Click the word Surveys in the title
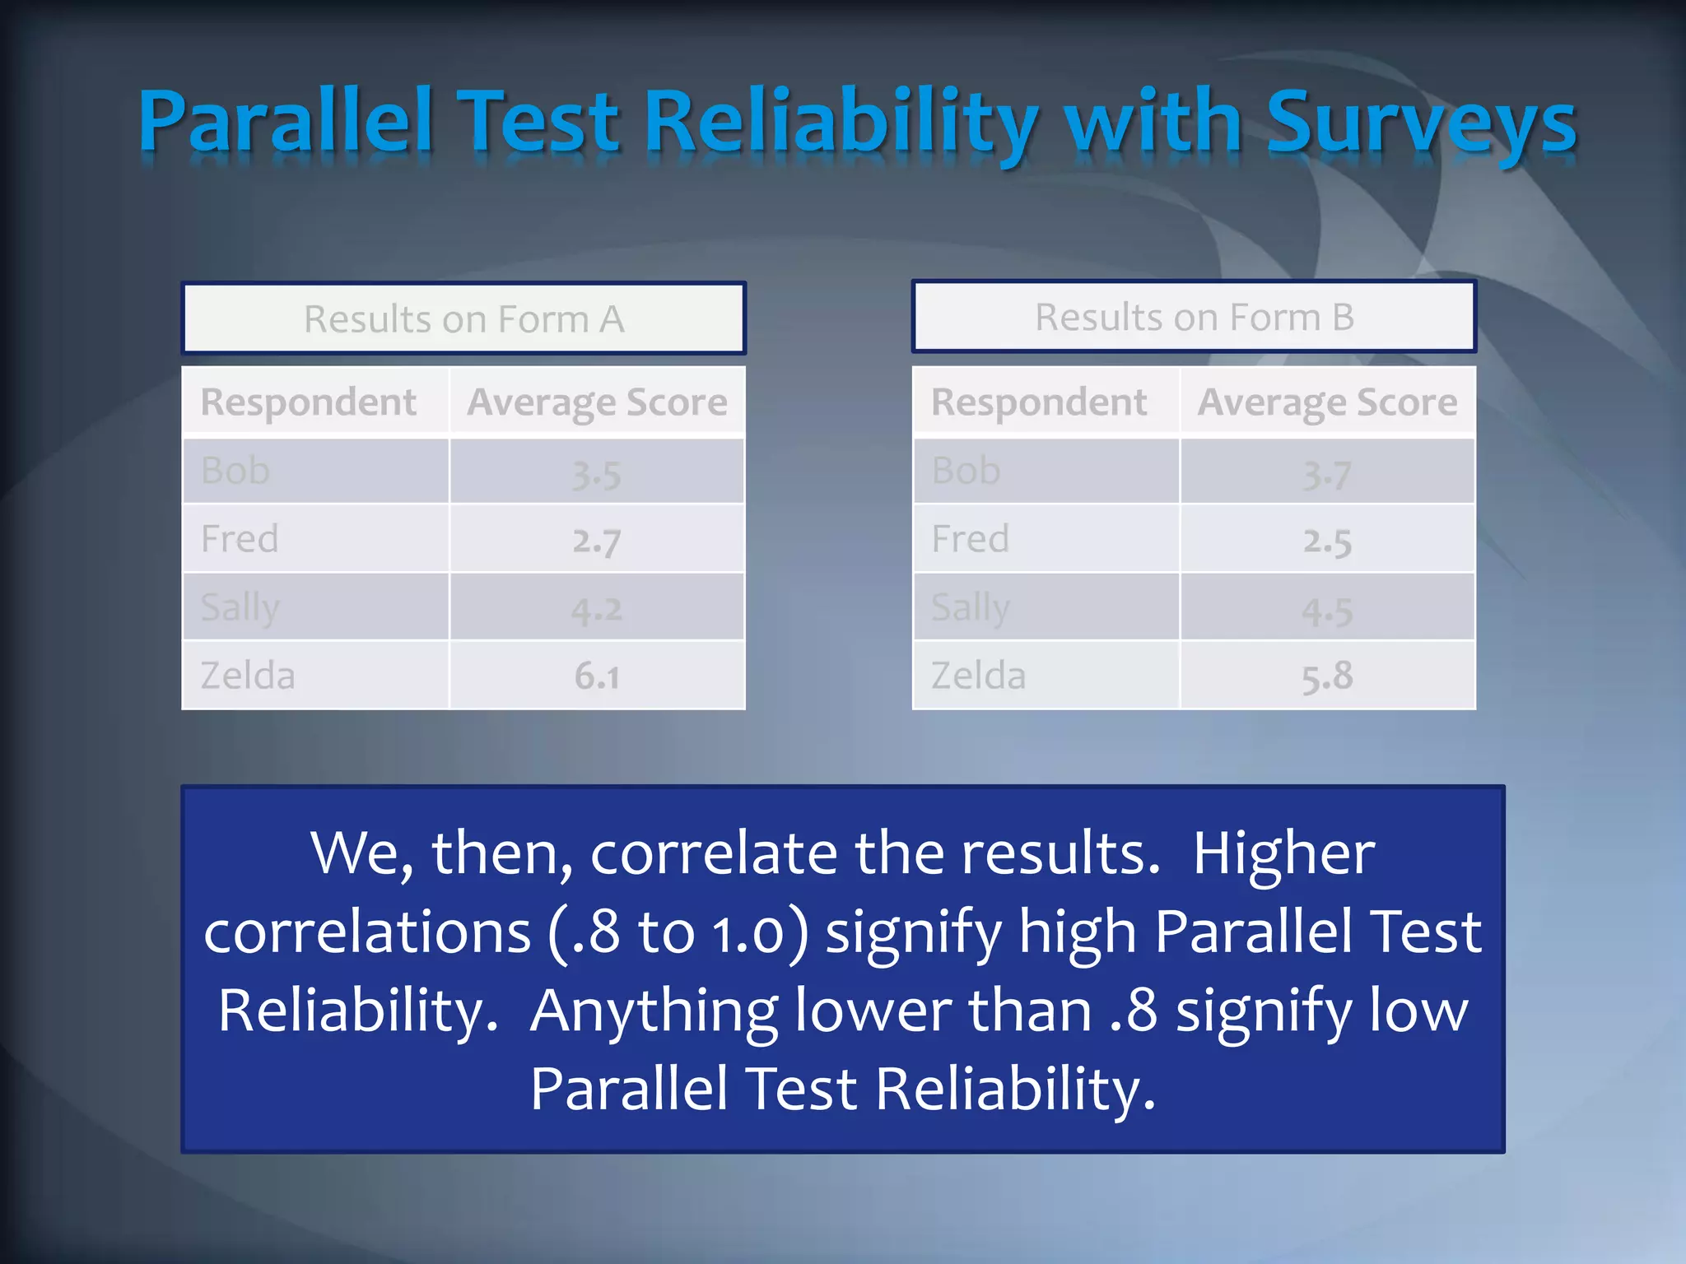click(x=1420, y=123)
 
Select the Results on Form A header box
click(x=463, y=318)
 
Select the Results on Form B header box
click(x=1194, y=317)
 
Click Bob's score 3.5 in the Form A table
click(x=596, y=474)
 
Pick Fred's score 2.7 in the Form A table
click(x=596, y=541)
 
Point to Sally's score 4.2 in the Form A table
click(x=596, y=610)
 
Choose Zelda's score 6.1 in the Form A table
click(x=596, y=676)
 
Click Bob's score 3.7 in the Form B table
click(x=1326, y=474)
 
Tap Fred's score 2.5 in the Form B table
click(x=1326, y=541)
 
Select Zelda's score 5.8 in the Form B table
click(x=1326, y=676)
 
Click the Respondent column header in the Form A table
click(x=309, y=402)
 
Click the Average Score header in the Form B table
click(x=1326, y=402)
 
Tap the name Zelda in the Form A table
click(x=248, y=676)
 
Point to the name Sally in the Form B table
click(x=970, y=608)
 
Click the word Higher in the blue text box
click(x=1283, y=853)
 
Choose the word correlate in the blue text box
click(x=713, y=853)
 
